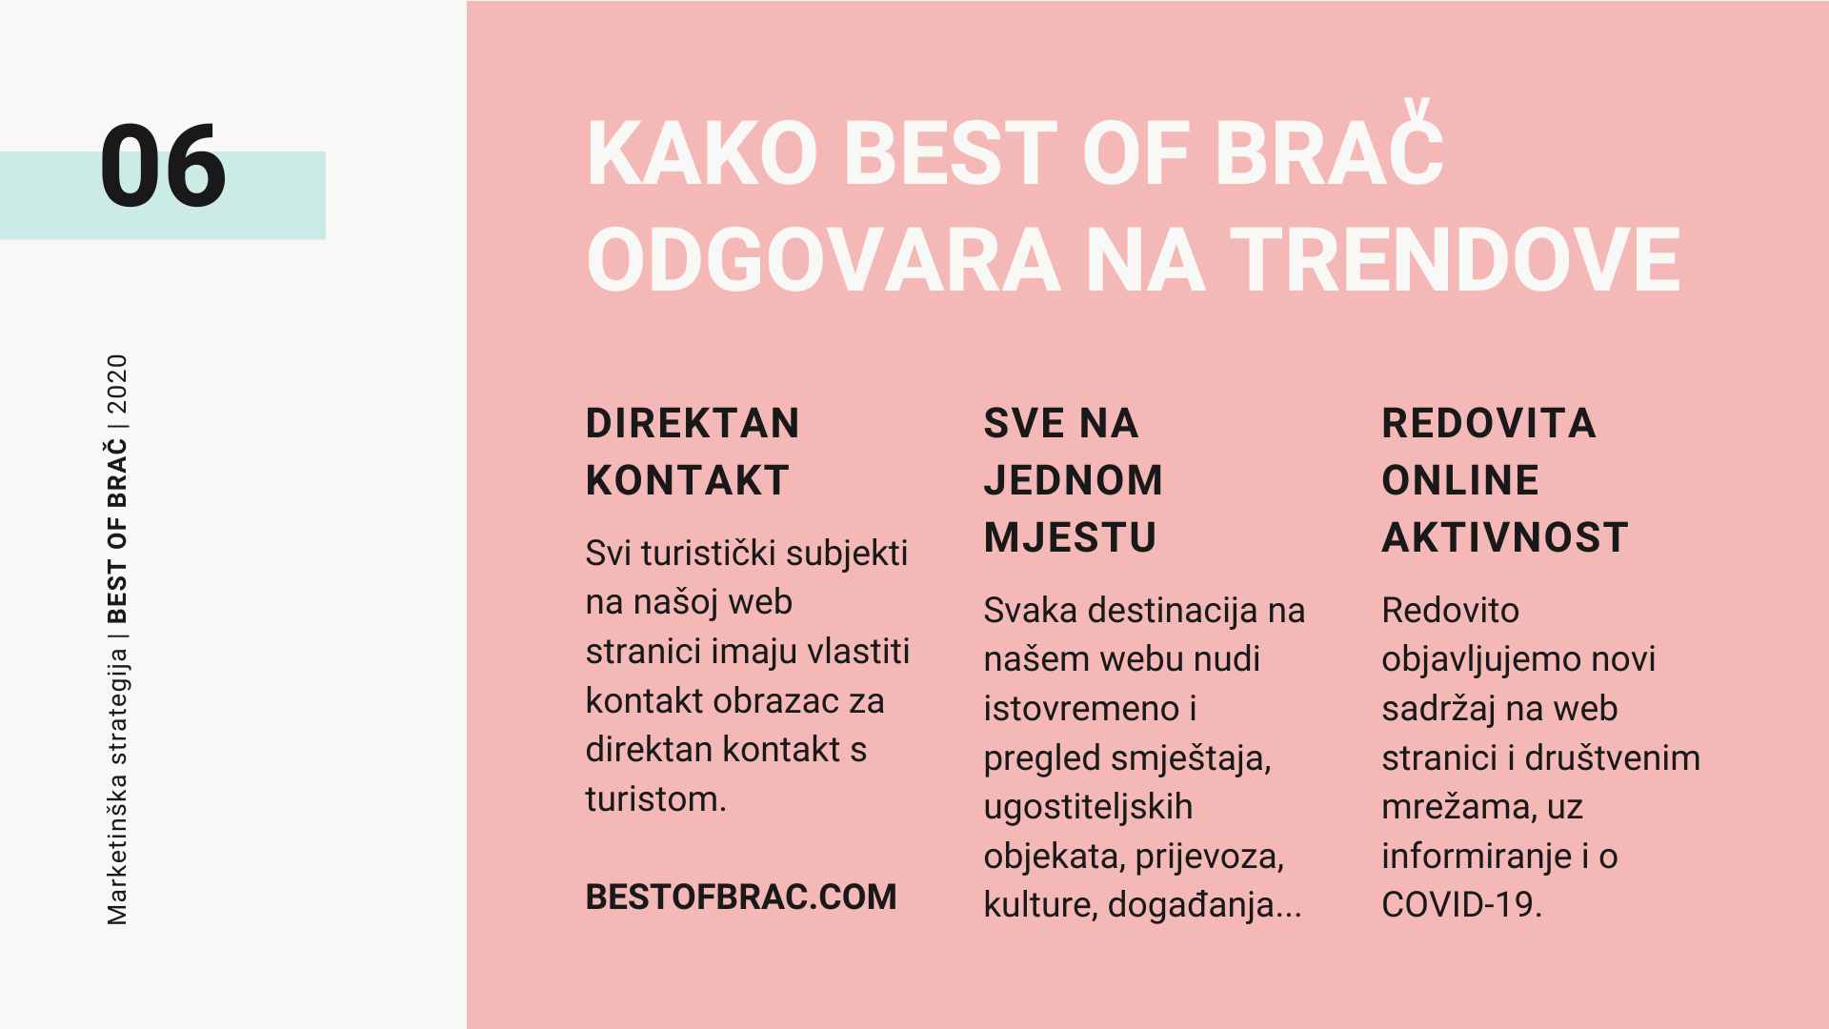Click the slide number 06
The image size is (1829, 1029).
(x=163, y=167)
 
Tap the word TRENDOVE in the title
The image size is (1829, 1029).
(x=1456, y=260)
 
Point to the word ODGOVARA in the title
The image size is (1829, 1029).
(x=824, y=260)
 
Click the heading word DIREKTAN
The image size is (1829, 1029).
(x=693, y=423)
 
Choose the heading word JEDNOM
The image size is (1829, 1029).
(x=1074, y=480)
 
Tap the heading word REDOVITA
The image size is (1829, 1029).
(x=1489, y=423)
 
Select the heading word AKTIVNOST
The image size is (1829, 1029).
(x=1505, y=537)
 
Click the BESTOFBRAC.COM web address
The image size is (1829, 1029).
(x=741, y=897)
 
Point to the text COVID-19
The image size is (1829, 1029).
(x=1461, y=904)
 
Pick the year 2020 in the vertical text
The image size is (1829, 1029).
(x=117, y=384)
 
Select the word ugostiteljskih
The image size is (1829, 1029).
(x=1088, y=807)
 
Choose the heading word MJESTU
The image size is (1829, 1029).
(x=1071, y=537)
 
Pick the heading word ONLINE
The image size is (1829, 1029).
(x=1460, y=480)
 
